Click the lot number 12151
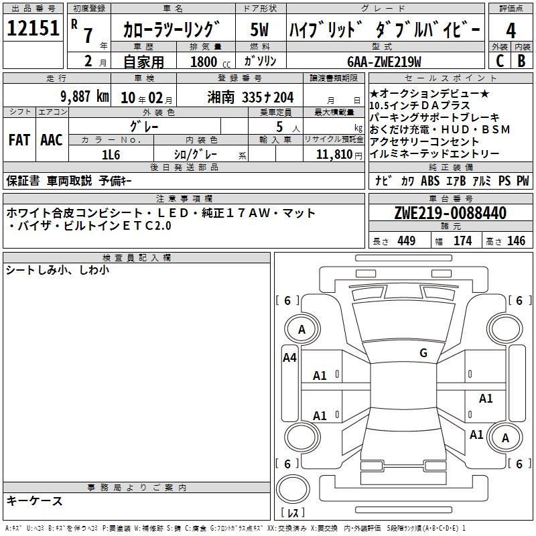33,28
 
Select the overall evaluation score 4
511,31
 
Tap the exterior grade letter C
500,61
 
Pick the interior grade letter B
521,61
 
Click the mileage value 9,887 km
85,96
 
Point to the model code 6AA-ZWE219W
384,62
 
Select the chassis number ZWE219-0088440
450,213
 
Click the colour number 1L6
111,155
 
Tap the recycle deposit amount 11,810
334,155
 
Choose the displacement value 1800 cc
210,62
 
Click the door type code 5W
259,29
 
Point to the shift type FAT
19,140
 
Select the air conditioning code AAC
52,140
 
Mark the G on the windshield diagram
423,353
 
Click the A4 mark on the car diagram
289,358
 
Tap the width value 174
462,241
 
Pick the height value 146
516,241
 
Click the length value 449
407,241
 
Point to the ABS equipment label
430,180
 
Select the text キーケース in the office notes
35,501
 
